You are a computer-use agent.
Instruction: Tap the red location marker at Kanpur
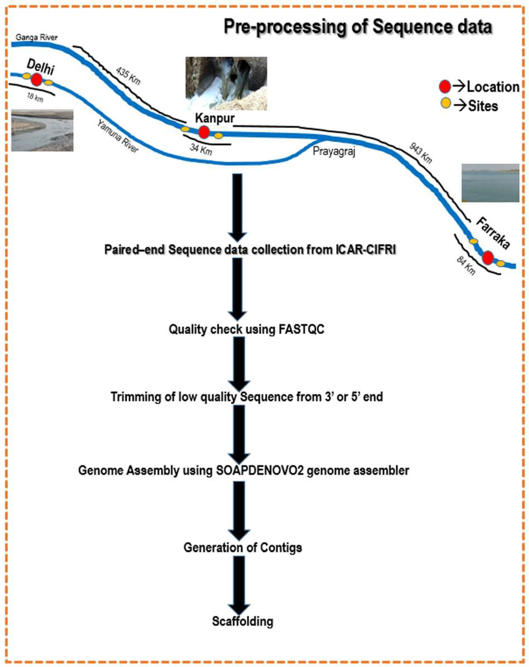pos(203,132)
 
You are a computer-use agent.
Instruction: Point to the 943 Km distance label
pos(420,153)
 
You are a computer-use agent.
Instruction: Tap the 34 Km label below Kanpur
pos(201,150)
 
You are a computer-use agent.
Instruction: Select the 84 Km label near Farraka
pos(466,266)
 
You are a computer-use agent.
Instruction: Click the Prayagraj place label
pos(334,151)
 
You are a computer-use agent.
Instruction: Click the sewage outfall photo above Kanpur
pos(226,83)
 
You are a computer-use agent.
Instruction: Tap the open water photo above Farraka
pos(490,183)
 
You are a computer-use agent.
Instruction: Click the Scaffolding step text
pos(242,621)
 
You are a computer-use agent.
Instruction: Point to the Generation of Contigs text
pos(243,548)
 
